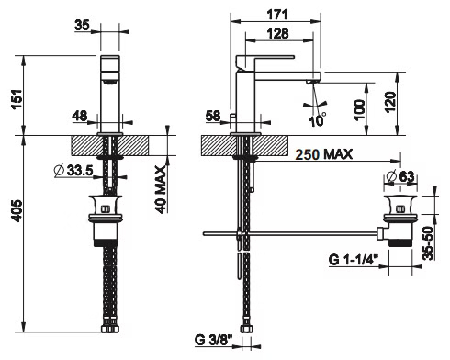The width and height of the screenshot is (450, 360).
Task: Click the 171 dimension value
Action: tap(277, 15)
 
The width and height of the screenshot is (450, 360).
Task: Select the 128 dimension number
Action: tap(277, 33)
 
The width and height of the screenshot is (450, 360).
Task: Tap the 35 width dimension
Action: tap(82, 25)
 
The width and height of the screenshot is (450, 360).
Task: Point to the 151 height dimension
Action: tap(17, 99)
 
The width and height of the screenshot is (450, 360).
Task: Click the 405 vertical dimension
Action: tap(17, 211)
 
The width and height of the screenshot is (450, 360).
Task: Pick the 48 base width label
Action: tap(80, 116)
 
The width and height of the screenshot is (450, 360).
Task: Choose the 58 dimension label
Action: tap(213, 116)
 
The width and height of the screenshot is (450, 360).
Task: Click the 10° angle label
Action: tap(317, 120)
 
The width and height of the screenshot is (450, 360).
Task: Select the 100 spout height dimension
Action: tap(359, 109)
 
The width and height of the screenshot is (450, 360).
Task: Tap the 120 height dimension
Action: tap(390, 102)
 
